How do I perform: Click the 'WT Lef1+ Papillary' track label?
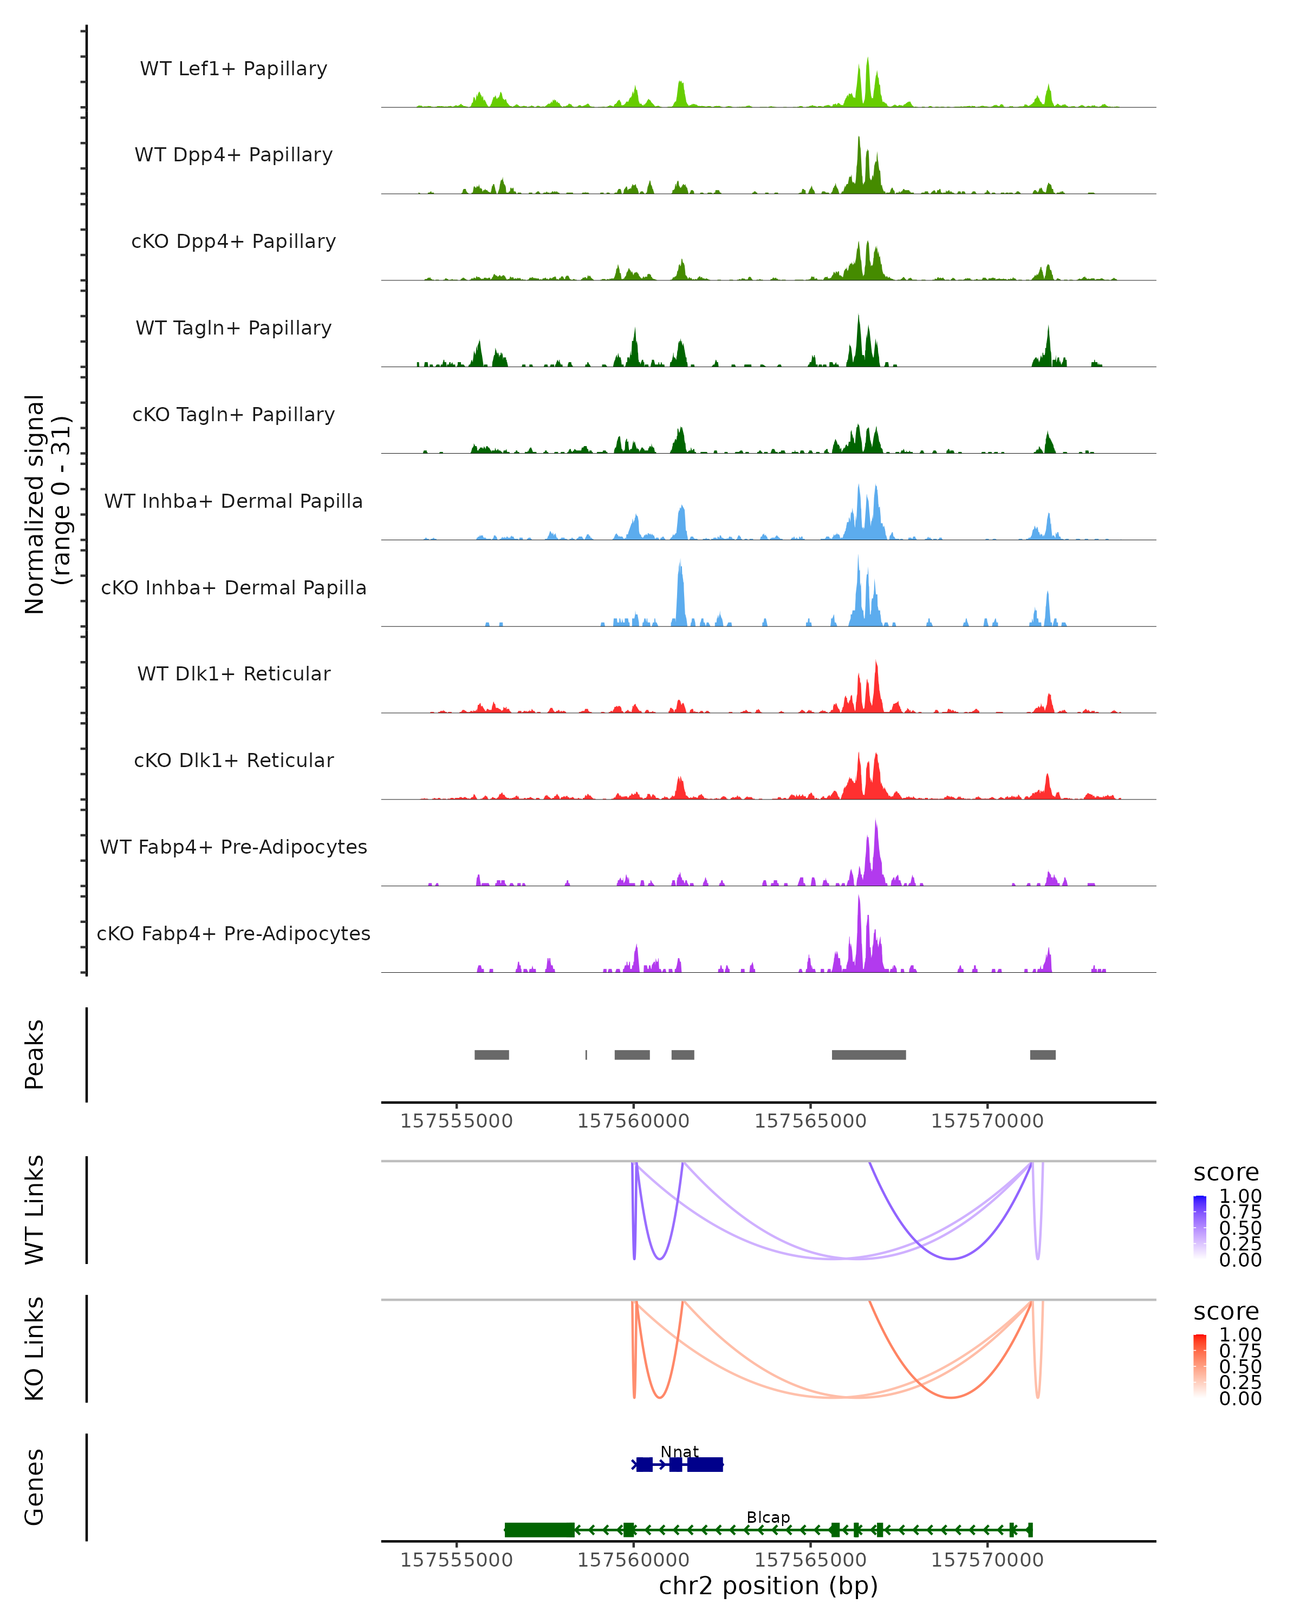click(x=233, y=69)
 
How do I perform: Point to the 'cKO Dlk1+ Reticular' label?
click(x=233, y=760)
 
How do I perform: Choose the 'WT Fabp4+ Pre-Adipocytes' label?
click(x=233, y=847)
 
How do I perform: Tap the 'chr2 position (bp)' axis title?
click(x=768, y=1586)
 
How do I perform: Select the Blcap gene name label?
click(x=768, y=1517)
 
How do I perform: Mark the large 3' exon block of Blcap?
click(x=539, y=1530)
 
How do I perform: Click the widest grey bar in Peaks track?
click(x=868, y=1055)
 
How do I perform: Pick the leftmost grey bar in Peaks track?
click(x=491, y=1055)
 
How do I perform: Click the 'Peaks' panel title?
click(x=35, y=1055)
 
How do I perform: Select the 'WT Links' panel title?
click(x=35, y=1210)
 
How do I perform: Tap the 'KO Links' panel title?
click(x=35, y=1348)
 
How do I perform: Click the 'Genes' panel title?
click(x=35, y=1487)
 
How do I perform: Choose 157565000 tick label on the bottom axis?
click(x=810, y=1560)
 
